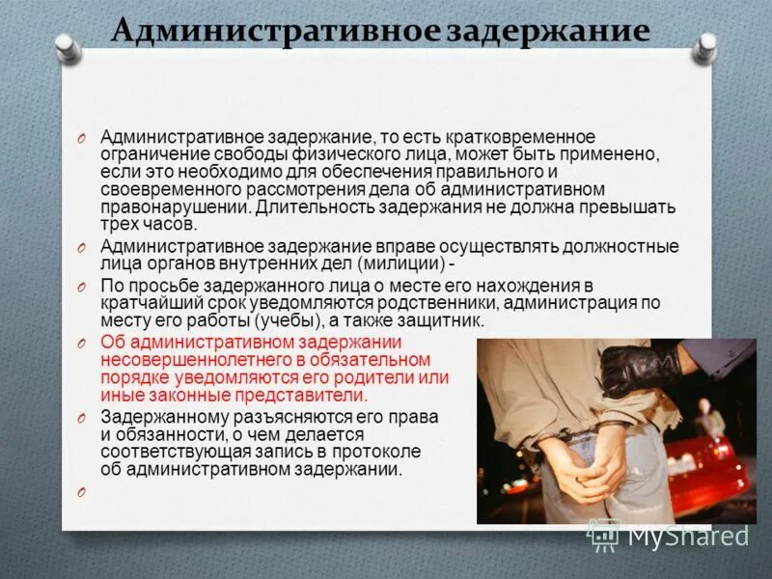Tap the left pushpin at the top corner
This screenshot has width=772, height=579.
66,44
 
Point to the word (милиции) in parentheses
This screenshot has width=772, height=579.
396,263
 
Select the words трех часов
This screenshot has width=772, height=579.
149,224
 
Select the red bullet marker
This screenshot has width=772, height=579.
82,344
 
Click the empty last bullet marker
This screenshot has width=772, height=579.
82,492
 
